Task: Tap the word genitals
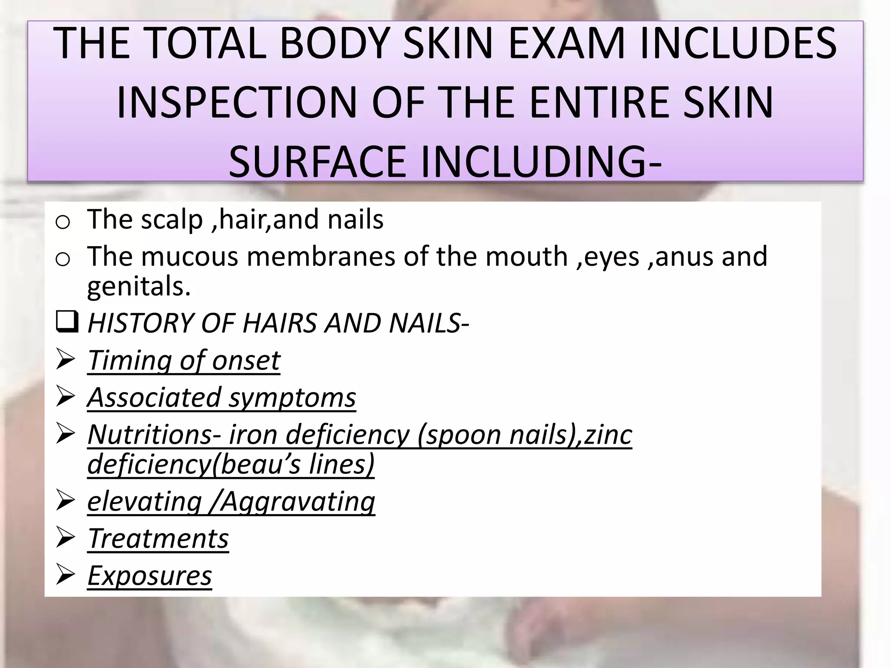coord(139,287)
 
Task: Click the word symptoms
coord(292,398)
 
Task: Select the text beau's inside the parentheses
coord(261,464)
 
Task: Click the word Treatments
coord(158,539)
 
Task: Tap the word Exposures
coord(150,576)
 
